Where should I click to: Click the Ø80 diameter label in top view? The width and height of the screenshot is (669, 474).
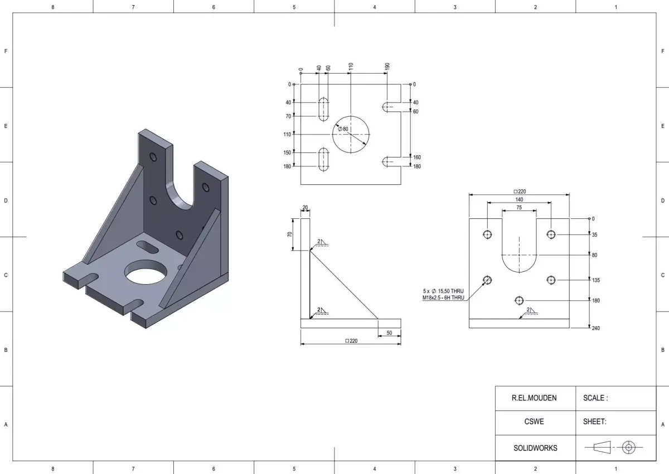coord(343,129)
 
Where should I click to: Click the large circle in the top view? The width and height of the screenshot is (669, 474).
coord(351,134)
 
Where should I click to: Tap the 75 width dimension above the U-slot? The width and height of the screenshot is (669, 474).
coord(519,207)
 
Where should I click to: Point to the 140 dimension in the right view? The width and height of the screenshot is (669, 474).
coord(519,199)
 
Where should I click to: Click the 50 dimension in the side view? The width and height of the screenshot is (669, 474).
coord(389,333)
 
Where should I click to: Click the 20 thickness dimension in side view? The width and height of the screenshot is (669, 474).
coord(305,208)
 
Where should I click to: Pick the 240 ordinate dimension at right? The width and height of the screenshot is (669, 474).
coord(596,328)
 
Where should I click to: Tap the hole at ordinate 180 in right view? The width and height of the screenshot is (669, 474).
coord(518,300)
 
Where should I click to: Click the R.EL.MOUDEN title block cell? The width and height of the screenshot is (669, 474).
coord(534,398)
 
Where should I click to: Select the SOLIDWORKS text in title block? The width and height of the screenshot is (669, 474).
coord(535,448)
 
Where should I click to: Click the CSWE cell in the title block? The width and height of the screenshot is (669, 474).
coord(534,422)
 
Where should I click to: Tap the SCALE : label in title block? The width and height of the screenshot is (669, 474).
coord(595,398)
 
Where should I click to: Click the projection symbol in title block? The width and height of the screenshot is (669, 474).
coord(613,447)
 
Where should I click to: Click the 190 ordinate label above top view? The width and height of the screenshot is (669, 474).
coord(387,66)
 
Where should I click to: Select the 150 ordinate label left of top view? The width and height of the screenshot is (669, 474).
coord(288,152)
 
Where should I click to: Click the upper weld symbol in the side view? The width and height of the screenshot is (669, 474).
coord(321,242)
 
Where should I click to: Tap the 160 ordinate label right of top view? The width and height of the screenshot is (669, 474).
coord(416,157)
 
